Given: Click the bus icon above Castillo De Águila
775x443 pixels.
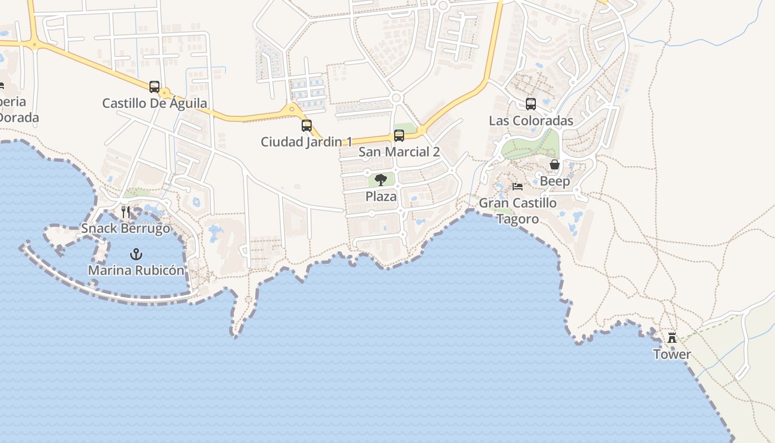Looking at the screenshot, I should coord(154,87).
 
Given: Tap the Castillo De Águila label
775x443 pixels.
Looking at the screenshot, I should coord(154,103).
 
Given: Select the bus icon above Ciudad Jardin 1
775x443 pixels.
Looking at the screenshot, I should coord(307,126).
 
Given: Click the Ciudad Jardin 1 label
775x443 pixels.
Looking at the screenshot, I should coord(306,142).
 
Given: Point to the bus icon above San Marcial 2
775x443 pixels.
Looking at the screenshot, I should coord(399,136).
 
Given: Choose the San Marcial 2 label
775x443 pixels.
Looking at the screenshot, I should coord(399,152).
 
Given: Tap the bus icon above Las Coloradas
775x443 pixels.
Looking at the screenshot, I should coord(531,104).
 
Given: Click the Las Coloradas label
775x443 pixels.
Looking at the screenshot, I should coord(531,121).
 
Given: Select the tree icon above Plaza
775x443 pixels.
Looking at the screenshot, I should coord(381,180).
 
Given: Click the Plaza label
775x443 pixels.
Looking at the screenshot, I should coord(381,197).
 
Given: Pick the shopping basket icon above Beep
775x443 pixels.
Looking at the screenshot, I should coord(555,165).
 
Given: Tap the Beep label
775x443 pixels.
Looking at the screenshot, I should coord(555,182).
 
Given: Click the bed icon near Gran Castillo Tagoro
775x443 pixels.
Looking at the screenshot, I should coord(518,187).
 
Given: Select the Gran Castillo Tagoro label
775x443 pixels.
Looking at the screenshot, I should coord(518,211).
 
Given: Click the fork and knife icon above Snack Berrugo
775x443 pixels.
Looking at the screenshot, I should coord(126,212).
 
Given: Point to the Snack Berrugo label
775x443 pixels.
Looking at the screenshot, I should coord(126,229).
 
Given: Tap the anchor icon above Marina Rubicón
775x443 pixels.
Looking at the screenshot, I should coord(136,254).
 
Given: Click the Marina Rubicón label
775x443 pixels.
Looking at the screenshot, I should coord(136,271).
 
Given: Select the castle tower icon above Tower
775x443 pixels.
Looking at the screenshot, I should coord(672,338).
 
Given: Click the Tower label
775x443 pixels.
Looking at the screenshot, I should coord(672,354).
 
